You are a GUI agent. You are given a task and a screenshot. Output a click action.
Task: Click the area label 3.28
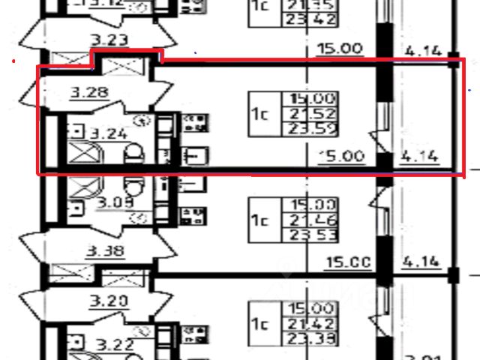point(89,94)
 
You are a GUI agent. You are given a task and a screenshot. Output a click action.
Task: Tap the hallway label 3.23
point(110,40)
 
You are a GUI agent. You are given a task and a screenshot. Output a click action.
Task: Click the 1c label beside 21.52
point(260,115)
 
